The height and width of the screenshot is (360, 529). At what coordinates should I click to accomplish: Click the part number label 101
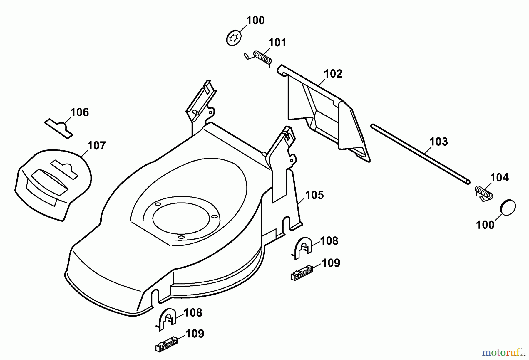(277, 43)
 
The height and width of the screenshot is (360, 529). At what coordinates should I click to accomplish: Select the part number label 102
(333, 74)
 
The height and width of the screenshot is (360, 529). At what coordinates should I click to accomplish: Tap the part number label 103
(438, 142)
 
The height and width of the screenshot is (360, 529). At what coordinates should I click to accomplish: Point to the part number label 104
(499, 178)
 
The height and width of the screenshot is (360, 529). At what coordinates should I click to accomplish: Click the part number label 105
(314, 195)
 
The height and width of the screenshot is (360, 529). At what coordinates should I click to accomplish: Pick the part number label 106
(79, 112)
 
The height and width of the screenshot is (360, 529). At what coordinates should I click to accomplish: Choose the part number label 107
(96, 146)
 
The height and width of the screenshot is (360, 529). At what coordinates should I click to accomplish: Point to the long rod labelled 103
(420, 154)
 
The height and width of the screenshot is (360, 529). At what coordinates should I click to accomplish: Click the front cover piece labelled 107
(53, 185)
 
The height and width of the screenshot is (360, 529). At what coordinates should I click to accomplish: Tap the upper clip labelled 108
(303, 247)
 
